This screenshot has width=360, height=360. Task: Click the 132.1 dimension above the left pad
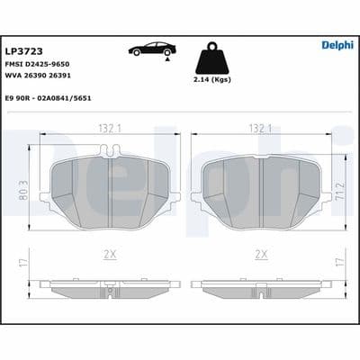coord(109,130)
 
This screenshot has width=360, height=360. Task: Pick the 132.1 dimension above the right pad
coord(261,130)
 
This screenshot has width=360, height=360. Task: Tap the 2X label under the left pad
coord(109,256)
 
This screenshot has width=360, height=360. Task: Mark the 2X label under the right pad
coord(261,256)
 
